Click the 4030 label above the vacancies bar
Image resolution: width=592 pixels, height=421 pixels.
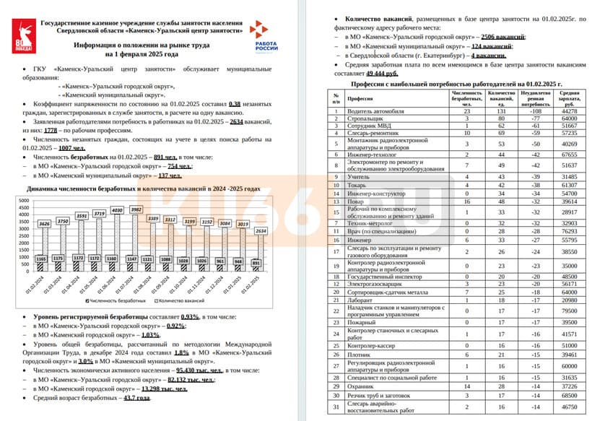[116, 211]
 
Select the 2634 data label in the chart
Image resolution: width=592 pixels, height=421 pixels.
[261, 231]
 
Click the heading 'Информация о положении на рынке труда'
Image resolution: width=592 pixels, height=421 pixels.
[142, 45]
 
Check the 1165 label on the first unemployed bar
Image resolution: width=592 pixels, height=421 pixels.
[40, 259]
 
